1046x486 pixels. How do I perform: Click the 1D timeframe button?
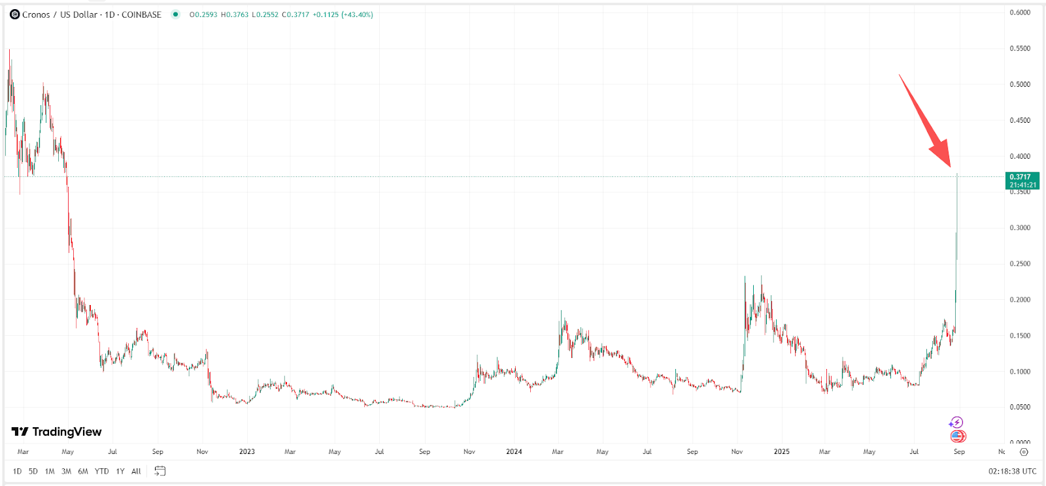click(x=17, y=471)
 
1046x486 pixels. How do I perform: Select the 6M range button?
click(x=83, y=471)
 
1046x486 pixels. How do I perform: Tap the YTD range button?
click(x=101, y=471)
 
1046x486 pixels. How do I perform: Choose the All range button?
click(x=136, y=471)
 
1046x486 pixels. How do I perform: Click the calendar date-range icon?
click(x=160, y=471)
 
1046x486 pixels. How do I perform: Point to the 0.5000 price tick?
click(x=1020, y=84)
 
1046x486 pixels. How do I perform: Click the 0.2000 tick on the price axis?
click(x=1020, y=300)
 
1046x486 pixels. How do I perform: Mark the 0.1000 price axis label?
click(x=1020, y=372)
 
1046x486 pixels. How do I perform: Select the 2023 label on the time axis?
click(x=247, y=451)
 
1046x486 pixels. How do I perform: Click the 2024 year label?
click(x=514, y=451)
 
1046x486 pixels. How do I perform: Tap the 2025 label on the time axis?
click(x=781, y=451)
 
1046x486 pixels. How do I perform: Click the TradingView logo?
click(x=57, y=432)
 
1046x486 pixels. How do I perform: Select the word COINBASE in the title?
click(x=141, y=14)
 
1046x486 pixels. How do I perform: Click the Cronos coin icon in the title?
click(x=14, y=14)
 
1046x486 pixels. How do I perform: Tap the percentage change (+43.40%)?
click(x=357, y=14)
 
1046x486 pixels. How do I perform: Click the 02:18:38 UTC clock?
click(x=1013, y=471)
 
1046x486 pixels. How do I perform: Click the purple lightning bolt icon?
click(x=956, y=423)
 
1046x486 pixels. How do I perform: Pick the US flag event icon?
click(x=958, y=436)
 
